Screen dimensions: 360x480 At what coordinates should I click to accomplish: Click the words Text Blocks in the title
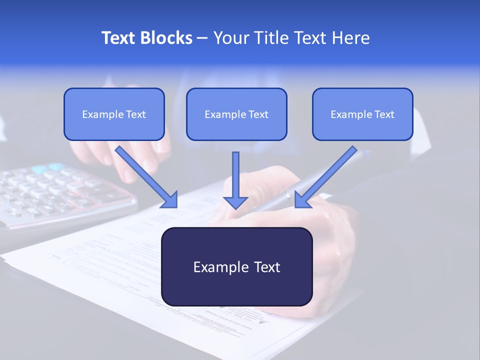pyautogui.click(x=146, y=38)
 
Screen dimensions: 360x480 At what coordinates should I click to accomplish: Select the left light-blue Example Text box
pyautogui.click(x=114, y=114)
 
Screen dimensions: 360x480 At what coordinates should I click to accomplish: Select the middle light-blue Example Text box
pyautogui.click(x=236, y=114)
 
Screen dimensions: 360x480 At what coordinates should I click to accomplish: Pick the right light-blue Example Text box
pyautogui.click(x=362, y=114)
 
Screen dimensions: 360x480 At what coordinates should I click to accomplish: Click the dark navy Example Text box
pyautogui.click(x=236, y=267)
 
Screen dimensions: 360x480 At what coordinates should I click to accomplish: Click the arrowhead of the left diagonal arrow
pyautogui.click(x=170, y=200)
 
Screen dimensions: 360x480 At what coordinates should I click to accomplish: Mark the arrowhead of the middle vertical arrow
pyautogui.click(x=235, y=202)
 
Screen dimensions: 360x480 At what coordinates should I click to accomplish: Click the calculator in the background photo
pyautogui.click(x=55, y=195)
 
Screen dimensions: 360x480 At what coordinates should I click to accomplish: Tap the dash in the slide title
pyautogui.click(x=202, y=38)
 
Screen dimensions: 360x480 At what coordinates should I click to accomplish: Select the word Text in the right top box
pyautogui.click(x=384, y=114)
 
